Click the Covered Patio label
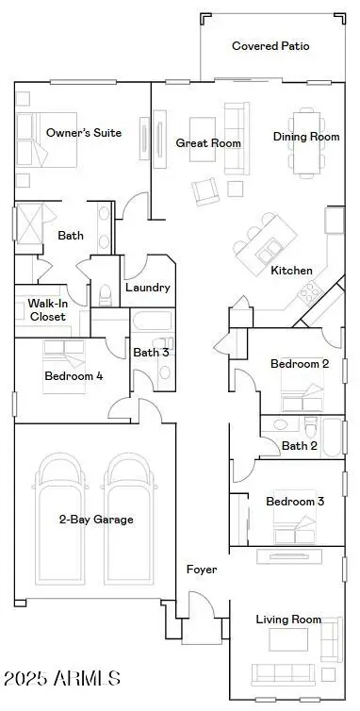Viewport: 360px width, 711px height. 270,46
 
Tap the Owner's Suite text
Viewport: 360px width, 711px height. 84,133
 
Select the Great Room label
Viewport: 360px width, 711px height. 208,143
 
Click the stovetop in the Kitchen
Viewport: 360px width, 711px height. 309,292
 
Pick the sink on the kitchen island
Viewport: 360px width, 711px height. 269,252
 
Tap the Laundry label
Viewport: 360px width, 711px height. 148,288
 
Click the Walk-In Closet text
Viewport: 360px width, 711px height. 47,309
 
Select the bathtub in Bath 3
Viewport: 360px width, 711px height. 153,321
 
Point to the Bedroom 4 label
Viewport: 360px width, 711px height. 74,376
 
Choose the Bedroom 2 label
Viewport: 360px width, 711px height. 300,364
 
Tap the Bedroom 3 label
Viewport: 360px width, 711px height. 296,502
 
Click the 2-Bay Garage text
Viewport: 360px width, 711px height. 96,520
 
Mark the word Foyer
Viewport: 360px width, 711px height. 202,570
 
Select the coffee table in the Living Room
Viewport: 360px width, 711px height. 288,639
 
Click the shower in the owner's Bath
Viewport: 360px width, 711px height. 29,223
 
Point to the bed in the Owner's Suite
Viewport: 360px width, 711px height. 46,141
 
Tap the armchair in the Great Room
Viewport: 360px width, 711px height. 205,191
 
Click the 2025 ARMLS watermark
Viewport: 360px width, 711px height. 62,678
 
